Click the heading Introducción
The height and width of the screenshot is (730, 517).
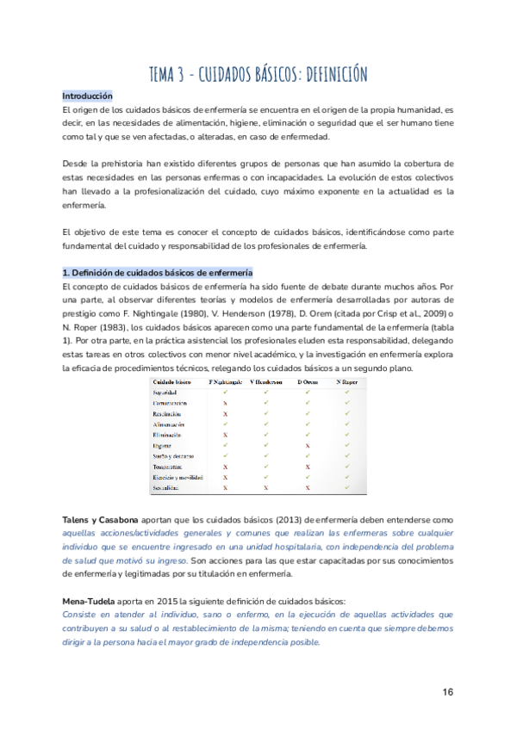tap(88, 96)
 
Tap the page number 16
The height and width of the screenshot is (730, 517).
tap(448, 692)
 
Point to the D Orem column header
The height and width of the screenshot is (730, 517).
tap(307, 381)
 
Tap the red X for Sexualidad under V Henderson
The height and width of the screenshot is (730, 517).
tap(266, 487)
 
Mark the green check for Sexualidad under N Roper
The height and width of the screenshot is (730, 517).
tap(347, 487)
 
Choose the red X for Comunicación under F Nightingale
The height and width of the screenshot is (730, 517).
tap(226, 403)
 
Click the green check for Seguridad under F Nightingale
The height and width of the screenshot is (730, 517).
tap(226, 392)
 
